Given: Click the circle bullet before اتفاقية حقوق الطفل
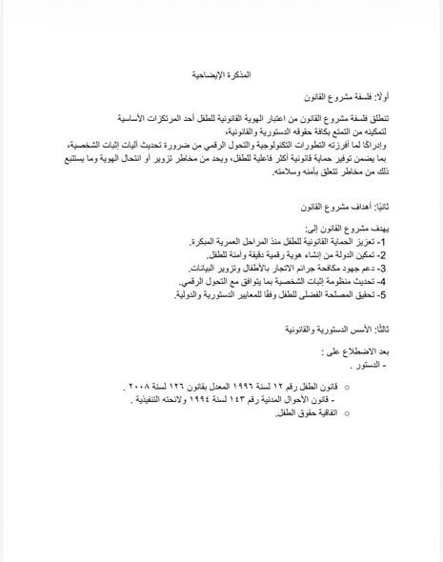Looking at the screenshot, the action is tap(346, 413).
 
